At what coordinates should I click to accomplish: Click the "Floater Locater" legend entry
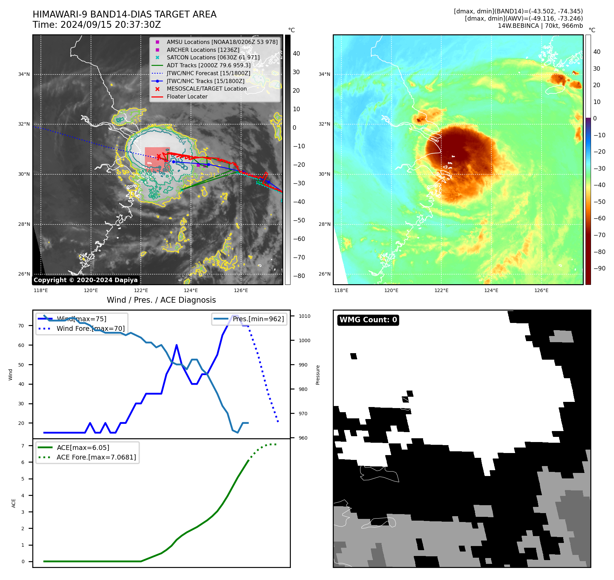coord(187,97)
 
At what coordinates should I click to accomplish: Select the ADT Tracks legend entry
coord(208,65)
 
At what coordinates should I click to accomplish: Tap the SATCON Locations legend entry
coord(213,58)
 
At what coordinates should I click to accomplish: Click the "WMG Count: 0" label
coord(368,320)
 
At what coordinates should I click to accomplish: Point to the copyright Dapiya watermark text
coord(86,280)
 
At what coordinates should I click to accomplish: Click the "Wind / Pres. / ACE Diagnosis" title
coord(161,300)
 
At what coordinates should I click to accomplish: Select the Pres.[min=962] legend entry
coord(258,319)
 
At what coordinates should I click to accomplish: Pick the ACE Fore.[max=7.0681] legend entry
coord(96,457)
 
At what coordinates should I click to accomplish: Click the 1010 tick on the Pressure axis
coord(304,316)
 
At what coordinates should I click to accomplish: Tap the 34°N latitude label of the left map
coord(24,74)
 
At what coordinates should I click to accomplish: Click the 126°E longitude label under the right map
coord(541,290)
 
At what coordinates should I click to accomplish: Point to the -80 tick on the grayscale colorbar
coord(299,276)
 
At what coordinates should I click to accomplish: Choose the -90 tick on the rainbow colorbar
coord(600,268)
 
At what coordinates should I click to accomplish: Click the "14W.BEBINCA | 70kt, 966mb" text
coord(540,26)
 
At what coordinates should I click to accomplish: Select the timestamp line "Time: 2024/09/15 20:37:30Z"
coord(96,25)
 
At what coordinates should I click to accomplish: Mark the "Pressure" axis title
coord(318,375)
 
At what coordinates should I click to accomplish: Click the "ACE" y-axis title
coord(14,503)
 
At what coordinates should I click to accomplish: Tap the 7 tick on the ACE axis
coord(23,446)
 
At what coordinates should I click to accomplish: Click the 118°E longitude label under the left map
coord(41,290)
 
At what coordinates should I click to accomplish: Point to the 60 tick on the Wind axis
coord(21,345)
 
